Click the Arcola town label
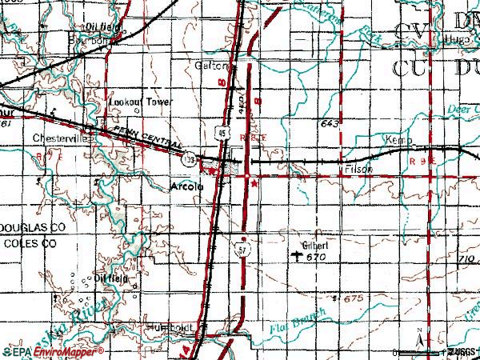[x=188, y=186]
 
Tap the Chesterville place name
[x=59, y=138]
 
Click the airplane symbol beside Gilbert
[x=298, y=257]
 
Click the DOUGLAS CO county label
[x=31, y=228]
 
